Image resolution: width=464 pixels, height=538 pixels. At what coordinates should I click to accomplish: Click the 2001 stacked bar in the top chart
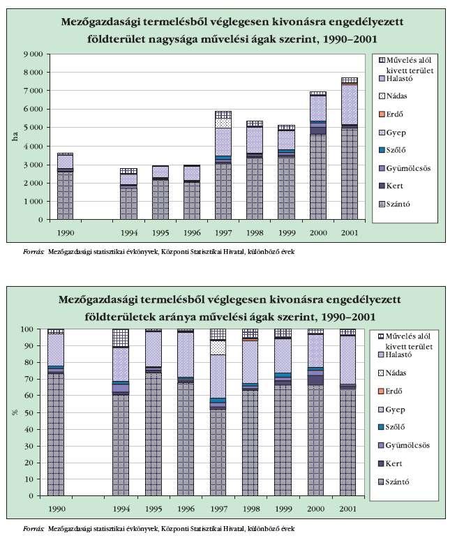(350, 149)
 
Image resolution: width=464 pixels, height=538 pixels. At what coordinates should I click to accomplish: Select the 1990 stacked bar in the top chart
(65, 186)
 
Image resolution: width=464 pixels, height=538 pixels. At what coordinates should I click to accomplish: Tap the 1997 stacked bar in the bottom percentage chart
(218, 412)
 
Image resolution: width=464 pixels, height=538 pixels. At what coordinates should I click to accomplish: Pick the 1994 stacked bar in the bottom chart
(121, 412)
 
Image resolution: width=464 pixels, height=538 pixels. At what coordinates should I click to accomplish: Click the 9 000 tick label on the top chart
(33, 54)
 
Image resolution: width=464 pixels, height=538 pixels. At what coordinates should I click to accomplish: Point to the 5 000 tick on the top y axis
(33, 128)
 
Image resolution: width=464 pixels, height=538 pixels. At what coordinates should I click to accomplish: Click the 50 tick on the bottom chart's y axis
(30, 413)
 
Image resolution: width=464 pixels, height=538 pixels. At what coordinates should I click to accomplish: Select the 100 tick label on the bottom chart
(28, 329)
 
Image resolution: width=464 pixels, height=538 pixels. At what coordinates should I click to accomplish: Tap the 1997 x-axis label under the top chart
(223, 233)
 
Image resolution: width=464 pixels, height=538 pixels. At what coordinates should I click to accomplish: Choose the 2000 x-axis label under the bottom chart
(316, 509)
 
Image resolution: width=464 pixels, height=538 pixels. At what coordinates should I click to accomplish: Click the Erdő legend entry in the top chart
(391, 114)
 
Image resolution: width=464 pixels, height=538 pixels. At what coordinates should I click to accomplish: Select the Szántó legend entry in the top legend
(394, 204)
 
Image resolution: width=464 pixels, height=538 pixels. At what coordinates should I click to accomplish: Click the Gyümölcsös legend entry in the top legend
(405, 168)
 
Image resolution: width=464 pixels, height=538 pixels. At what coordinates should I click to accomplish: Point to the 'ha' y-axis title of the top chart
(15, 137)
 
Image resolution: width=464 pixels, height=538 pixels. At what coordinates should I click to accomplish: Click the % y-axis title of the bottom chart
(15, 412)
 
